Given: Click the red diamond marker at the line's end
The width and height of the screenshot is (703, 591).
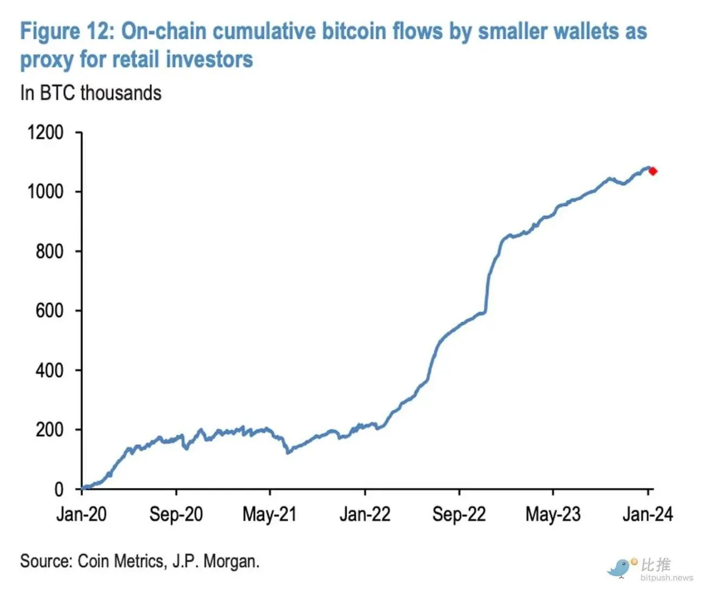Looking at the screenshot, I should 653,171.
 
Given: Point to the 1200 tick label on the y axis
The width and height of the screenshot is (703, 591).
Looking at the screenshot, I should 46,133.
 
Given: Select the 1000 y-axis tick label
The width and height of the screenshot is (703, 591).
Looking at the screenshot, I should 46,192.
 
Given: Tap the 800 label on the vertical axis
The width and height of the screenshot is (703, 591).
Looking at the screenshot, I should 49,252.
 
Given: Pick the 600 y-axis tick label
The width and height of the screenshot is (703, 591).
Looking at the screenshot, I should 49,311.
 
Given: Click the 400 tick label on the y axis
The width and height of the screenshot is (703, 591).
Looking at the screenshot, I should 49,370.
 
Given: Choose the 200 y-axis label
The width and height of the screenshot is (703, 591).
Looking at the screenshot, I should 49,430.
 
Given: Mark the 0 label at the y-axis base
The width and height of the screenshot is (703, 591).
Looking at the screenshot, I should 59,489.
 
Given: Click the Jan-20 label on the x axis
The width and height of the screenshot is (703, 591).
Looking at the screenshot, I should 81,514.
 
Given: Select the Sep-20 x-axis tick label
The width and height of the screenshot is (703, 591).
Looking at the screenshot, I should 176,514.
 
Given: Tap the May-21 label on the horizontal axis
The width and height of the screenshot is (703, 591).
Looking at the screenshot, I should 270,514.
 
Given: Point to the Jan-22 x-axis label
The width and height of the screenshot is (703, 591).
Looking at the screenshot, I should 365,514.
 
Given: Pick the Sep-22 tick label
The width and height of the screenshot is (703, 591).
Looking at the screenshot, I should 459,514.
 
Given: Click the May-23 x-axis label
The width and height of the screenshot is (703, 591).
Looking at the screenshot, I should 553,514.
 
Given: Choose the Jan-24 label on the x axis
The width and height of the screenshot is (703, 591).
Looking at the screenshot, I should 648,514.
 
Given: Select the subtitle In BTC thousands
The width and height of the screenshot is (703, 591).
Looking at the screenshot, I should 91,93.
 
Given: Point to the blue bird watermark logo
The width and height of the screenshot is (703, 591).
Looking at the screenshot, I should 620,568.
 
